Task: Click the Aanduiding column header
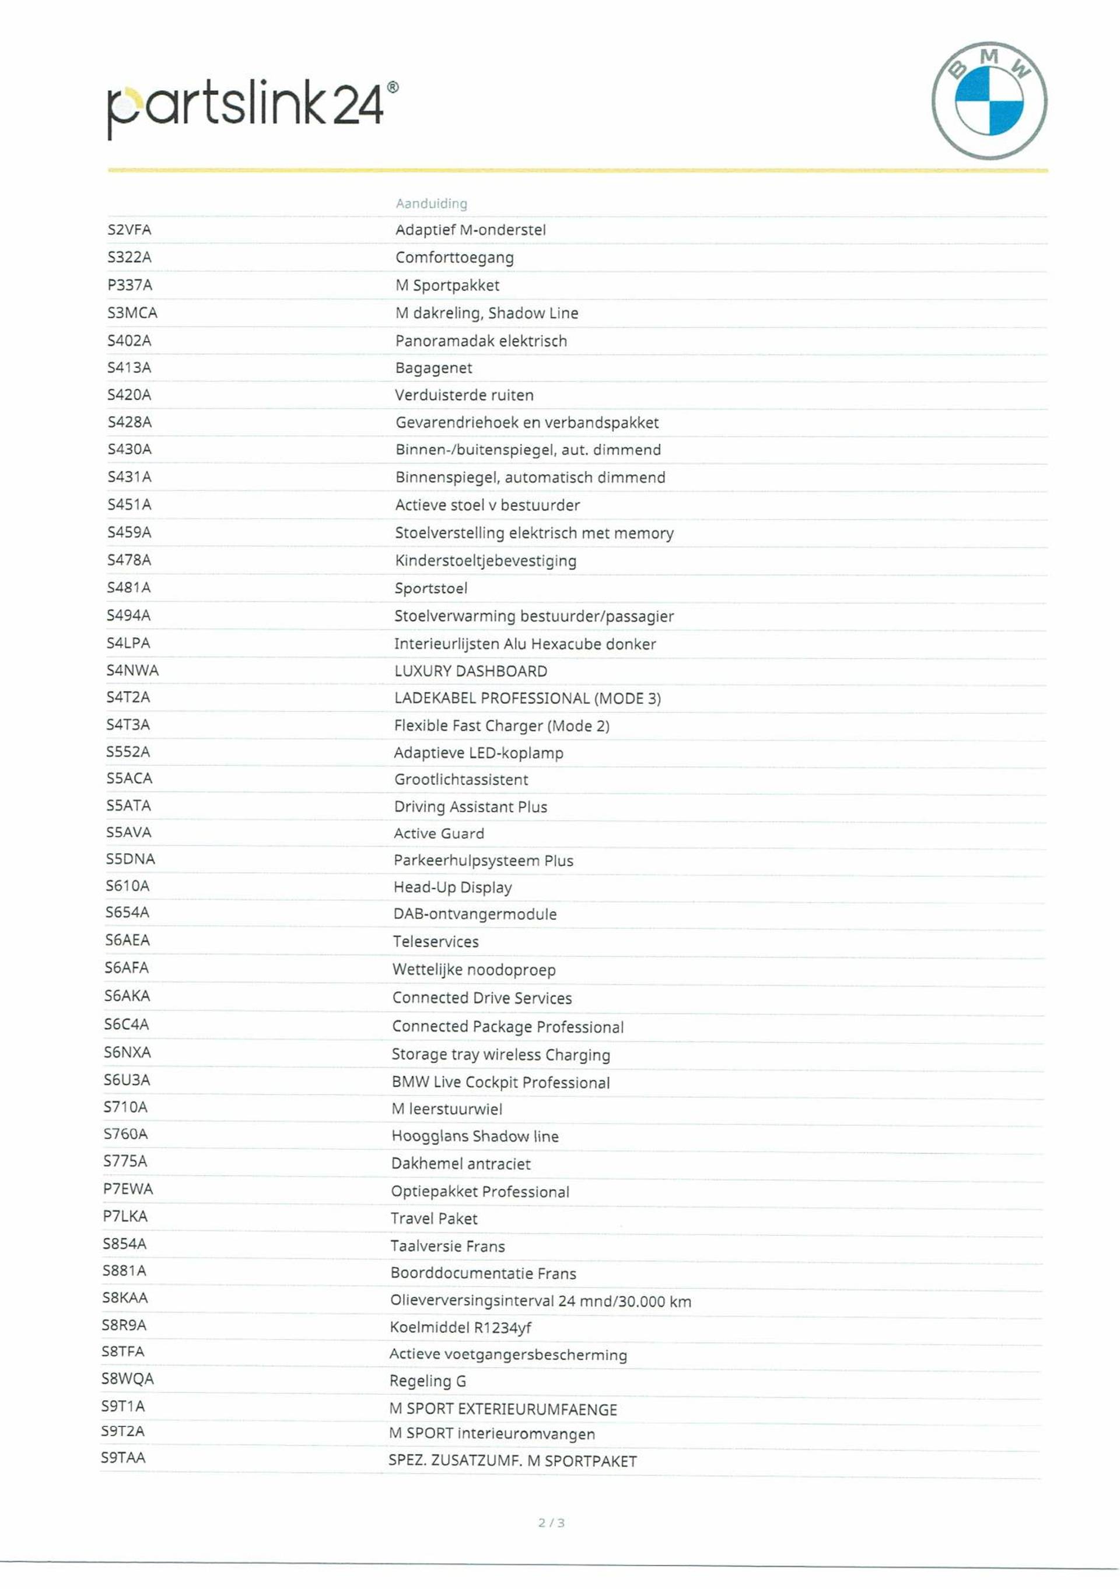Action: pos(431,204)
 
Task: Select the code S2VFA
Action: pos(129,230)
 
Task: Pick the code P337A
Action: pos(129,285)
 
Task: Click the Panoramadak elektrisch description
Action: pos(481,341)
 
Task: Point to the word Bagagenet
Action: pos(433,367)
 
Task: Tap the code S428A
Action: pos(129,422)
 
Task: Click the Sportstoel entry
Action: pos(430,588)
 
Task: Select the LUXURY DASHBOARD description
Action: pos(471,671)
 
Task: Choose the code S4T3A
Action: pos(128,725)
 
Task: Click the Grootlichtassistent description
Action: pos(461,779)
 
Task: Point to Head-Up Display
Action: pos(453,888)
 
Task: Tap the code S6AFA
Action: pos(127,967)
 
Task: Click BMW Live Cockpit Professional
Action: pos(501,1082)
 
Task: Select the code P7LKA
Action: pos(125,1216)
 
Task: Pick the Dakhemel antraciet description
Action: pos(461,1163)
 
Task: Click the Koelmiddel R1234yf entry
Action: pos(460,1327)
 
